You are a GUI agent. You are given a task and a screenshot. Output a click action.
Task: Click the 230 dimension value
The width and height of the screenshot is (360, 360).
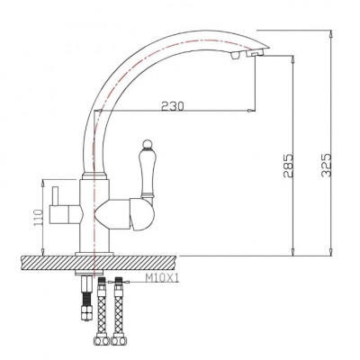pos(172,105)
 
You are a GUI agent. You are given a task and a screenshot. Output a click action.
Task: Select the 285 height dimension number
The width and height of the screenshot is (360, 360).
pos(287,166)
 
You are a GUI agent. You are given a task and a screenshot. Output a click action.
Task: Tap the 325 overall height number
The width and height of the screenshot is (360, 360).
pos(326,165)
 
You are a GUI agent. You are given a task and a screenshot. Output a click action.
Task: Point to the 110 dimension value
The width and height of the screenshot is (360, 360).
pos(40,217)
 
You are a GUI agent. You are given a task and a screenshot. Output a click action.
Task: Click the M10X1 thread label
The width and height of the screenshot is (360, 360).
pos(162,279)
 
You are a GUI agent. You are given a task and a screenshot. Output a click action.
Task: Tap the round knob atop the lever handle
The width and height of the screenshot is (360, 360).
pos(147,144)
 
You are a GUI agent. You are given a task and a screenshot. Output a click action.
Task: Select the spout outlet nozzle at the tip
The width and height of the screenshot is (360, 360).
pos(255,54)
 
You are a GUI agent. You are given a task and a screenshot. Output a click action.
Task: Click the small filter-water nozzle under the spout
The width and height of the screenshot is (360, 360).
pos(235,56)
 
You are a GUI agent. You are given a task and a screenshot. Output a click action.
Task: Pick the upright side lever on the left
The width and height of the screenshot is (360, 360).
pos(55,196)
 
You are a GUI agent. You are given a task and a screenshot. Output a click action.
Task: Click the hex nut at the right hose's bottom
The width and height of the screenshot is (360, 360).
pos(117,341)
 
